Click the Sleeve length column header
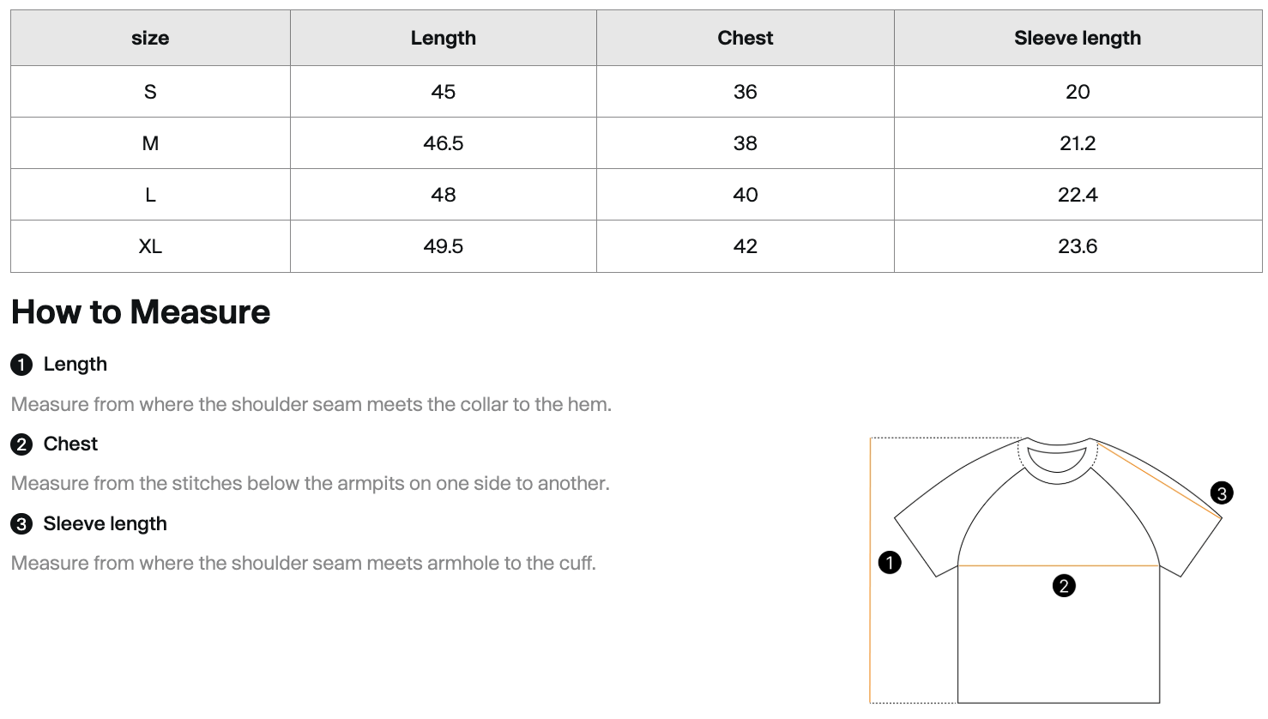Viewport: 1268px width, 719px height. click(x=1078, y=38)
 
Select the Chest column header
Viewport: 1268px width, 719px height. click(x=745, y=38)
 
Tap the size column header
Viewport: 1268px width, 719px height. click(x=150, y=38)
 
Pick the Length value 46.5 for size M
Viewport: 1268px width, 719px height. click(x=444, y=143)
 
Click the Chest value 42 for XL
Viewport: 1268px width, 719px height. click(x=745, y=246)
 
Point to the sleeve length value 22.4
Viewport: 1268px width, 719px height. click(x=1078, y=195)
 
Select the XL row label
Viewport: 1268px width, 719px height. click(x=150, y=246)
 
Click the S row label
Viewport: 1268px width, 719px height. click(x=150, y=92)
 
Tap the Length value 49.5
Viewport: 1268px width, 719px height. click(x=444, y=246)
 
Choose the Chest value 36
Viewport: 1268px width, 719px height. click(x=745, y=92)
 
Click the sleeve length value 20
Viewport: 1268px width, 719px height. click(x=1078, y=92)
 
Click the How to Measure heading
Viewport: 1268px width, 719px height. click(x=141, y=312)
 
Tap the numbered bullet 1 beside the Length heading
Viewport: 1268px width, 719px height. click(x=21, y=365)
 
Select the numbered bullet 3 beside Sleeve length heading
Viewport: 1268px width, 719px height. click(x=21, y=524)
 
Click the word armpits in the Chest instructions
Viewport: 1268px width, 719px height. click(x=367, y=485)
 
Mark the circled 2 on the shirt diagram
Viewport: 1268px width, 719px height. click(x=1064, y=586)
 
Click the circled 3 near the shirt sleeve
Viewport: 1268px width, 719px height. click(x=1222, y=493)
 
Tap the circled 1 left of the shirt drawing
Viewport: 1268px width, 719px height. click(x=890, y=563)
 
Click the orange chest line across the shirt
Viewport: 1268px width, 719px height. click(x=1059, y=565)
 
